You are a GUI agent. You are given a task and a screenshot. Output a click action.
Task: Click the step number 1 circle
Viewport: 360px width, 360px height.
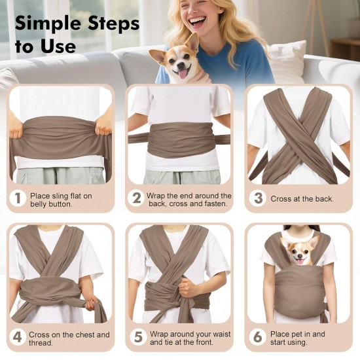pos(18,198)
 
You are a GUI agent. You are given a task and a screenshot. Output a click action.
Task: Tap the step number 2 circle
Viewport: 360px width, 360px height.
pos(137,198)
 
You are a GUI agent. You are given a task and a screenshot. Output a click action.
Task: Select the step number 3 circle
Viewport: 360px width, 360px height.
pos(258,198)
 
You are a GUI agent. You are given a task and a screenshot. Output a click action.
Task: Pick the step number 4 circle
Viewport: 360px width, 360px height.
pos(18,337)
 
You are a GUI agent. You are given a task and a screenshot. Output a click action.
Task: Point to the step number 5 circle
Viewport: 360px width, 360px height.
pos(138,337)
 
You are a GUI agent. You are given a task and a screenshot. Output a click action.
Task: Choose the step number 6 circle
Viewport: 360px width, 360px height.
pos(258,337)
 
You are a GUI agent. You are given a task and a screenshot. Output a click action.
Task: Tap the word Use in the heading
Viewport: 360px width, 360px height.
pos(58,46)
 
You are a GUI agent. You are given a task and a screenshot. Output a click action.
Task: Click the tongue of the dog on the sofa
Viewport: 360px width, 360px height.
pos(183,74)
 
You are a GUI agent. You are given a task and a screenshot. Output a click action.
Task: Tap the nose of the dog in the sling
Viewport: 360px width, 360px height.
pos(300,255)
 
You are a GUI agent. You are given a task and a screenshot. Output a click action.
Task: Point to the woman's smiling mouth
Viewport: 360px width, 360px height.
pos(198,22)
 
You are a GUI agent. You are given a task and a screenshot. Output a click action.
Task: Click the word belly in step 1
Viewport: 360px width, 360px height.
pos(38,204)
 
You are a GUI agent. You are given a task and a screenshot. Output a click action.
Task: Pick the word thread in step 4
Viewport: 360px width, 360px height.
pos(41,343)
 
